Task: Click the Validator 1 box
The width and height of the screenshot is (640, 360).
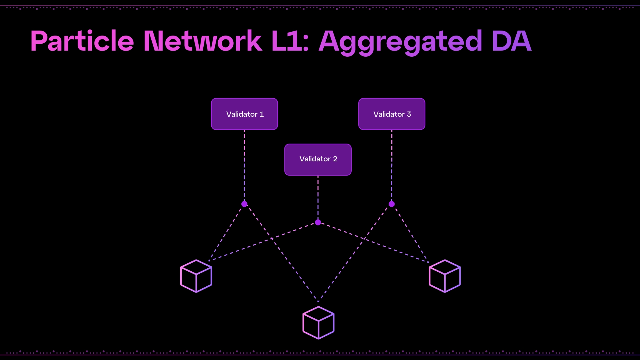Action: (244, 114)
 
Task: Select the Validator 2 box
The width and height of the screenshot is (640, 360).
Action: (318, 159)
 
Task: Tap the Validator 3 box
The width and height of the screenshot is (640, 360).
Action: (392, 114)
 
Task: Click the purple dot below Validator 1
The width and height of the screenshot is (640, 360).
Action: (244, 204)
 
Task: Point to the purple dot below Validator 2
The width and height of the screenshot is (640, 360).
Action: (318, 222)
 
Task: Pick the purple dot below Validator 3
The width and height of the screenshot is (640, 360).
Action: (392, 204)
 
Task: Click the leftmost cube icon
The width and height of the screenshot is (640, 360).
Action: (196, 276)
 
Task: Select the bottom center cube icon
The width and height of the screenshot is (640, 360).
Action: (318, 322)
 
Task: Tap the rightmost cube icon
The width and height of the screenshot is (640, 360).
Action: (445, 276)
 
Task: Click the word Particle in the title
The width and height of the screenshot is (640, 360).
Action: (82, 41)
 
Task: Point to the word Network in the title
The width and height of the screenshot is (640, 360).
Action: (202, 41)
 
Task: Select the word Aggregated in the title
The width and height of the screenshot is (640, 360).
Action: (400, 42)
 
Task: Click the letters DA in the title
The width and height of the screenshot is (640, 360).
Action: (511, 41)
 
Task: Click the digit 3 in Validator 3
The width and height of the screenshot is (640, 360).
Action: (409, 114)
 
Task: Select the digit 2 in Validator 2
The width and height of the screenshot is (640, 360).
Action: (335, 159)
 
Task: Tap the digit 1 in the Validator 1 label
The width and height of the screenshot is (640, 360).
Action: (261, 114)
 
